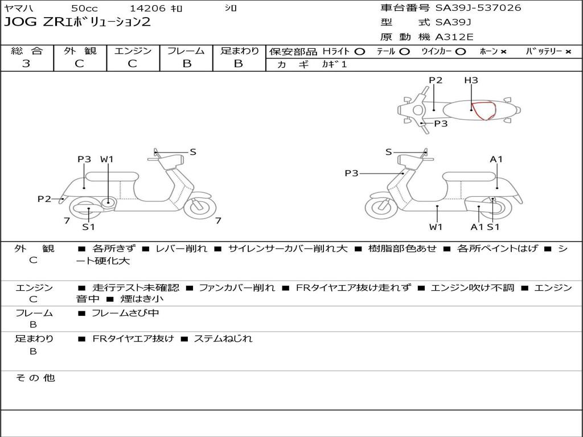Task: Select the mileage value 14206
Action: point(147,9)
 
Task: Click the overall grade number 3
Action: point(26,64)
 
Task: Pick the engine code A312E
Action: point(454,38)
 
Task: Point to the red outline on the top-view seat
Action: point(484,110)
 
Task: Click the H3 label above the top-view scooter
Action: point(471,80)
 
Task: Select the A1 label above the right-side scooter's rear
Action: point(496,159)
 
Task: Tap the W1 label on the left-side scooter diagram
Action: point(107,159)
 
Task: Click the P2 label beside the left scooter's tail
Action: point(44,199)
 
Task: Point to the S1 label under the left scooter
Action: point(88,227)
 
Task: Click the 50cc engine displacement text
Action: point(84,9)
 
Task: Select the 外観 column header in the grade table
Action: point(80,51)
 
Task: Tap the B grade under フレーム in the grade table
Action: point(186,64)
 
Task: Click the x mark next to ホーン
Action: point(503,52)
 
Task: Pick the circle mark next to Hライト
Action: point(359,52)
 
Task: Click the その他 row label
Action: point(35,378)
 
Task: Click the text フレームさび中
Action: point(125,313)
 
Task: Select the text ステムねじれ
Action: point(223,339)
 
